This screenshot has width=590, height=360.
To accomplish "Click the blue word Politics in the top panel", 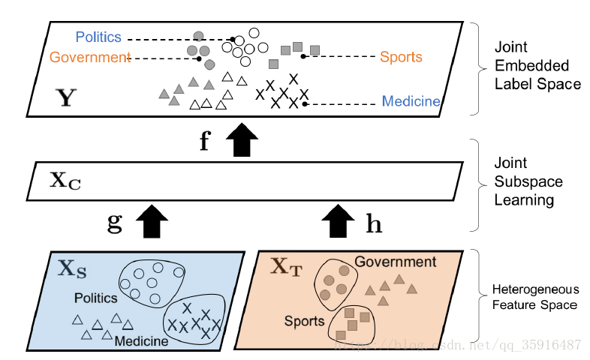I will coord(98,37).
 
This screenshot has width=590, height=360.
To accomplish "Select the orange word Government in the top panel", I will coord(90,58).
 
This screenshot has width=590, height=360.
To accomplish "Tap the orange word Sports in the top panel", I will coord(401,57).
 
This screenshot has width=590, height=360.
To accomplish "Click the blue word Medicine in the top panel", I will coord(411,101).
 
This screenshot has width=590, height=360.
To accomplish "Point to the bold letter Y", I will coord(66,98).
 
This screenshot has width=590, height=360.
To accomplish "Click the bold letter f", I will coord(204,142).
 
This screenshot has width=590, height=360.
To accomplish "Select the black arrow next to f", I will coord(241,140).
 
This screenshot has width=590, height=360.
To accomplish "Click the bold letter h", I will coord(373,223).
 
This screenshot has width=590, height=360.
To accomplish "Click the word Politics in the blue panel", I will coord(95,298).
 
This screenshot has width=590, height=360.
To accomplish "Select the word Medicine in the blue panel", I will coord(141,341).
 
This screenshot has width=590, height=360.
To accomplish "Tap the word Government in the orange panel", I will coord(395,262).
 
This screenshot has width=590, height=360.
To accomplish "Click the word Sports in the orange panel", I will coord(304,321).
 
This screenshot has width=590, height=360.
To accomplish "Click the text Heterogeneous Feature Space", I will coord(534,296).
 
